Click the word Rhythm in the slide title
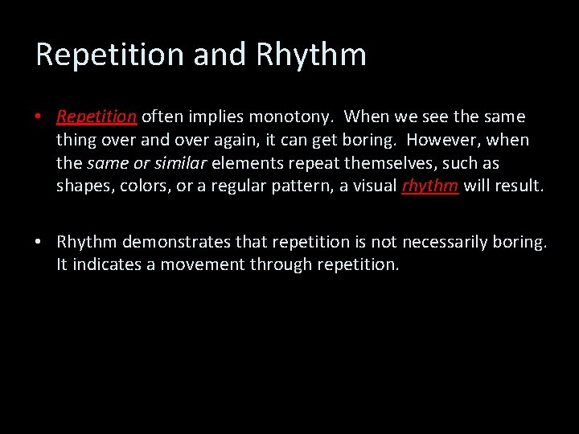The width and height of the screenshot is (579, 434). pyautogui.click(x=311, y=55)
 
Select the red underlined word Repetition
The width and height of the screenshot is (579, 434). pyautogui.click(x=96, y=117)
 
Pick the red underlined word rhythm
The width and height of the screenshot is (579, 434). pyautogui.click(x=430, y=186)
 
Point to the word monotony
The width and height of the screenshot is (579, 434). pyautogui.click(x=292, y=117)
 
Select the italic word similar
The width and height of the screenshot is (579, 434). pyautogui.click(x=181, y=163)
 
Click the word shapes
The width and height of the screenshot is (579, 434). pyautogui.click(x=81, y=186)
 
